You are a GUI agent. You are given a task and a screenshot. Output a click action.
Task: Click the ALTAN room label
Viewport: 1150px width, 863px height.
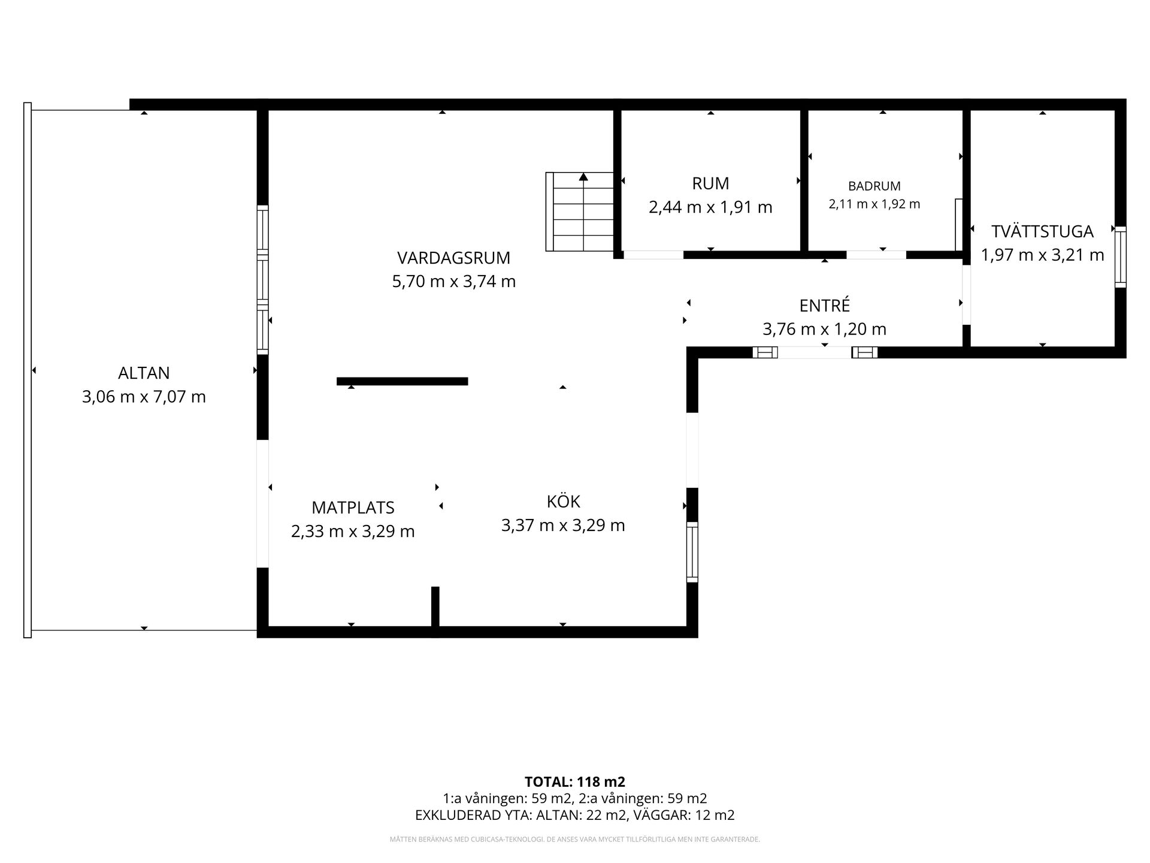(x=144, y=373)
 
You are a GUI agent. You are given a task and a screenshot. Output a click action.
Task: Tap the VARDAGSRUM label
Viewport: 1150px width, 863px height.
(x=453, y=258)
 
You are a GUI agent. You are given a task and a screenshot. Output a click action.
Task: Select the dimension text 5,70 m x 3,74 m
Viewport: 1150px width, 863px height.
(x=453, y=281)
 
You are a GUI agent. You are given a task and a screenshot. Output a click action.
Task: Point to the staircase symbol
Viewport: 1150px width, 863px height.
(x=580, y=212)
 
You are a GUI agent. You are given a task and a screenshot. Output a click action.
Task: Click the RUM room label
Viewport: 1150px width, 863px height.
(x=710, y=183)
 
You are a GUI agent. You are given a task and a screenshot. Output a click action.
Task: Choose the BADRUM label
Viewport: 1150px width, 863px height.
(x=874, y=186)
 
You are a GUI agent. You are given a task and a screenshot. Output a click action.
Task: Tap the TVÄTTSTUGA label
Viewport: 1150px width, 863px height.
(x=1042, y=231)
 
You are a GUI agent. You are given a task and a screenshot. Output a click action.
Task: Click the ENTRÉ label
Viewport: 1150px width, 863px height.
(x=825, y=305)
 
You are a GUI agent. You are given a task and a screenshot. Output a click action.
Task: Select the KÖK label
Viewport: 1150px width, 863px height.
(x=563, y=501)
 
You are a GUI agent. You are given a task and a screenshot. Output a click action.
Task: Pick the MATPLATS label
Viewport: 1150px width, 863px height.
(x=353, y=508)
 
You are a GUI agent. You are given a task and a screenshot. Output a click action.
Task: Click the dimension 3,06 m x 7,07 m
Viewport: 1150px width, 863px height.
(x=144, y=397)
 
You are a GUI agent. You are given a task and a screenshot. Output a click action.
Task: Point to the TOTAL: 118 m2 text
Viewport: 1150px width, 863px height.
(x=575, y=781)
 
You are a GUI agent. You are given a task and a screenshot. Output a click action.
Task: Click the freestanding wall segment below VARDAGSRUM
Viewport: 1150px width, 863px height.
(x=402, y=381)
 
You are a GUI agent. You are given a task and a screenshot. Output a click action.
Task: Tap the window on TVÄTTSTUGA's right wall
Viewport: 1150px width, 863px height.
(x=1120, y=257)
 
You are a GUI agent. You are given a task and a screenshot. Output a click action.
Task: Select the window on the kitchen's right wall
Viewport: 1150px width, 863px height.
(x=692, y=552)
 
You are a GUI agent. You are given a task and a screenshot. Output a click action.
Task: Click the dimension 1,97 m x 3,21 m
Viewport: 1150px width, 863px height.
(x=1042, y=255)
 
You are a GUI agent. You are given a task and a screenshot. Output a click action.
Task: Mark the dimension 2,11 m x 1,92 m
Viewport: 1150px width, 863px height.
(x=874, y=204)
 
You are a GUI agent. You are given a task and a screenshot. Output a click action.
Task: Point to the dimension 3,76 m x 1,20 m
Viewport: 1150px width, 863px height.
(x=825, y=329)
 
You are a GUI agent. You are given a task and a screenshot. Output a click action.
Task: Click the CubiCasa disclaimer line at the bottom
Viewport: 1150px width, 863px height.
(x=575, y=839)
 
